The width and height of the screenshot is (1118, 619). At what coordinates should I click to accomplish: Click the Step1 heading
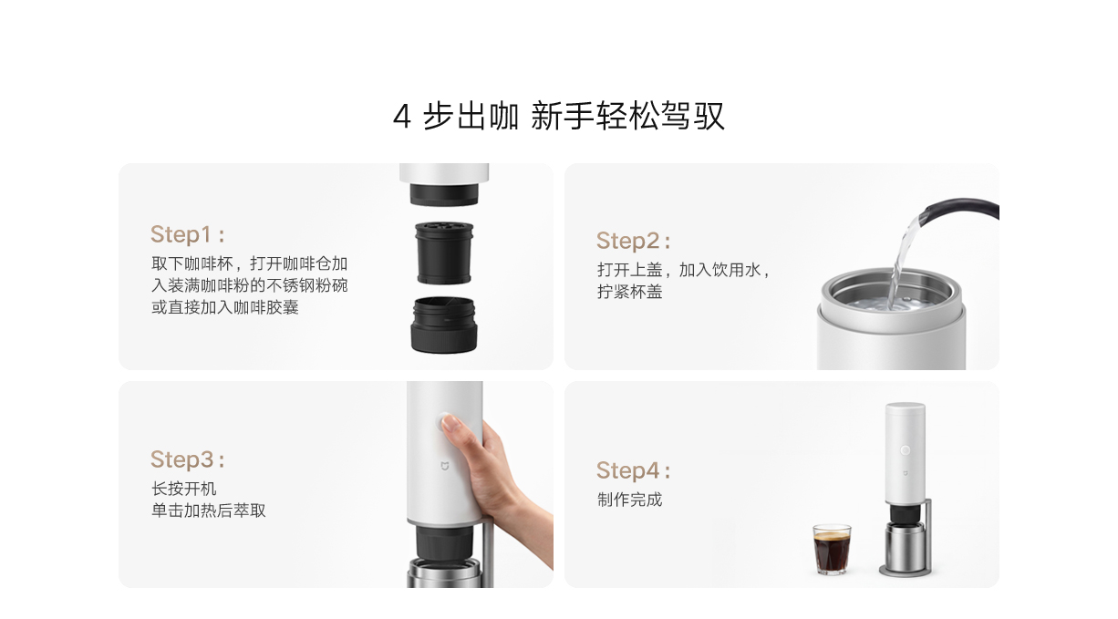click(x=187, y=234)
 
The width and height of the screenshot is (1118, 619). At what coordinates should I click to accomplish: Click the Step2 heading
click(x=634, y=241)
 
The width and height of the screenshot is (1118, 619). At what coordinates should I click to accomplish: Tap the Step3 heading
click(x=187, y=459)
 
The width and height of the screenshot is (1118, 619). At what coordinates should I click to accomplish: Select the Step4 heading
click(x=634, y=470)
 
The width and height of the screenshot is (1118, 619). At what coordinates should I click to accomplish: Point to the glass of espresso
click(x=832, y=549)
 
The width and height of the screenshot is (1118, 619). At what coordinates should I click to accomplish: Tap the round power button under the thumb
click(x=443, y=422)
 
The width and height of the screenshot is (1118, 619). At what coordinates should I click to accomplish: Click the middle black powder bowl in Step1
click(x=444, y=253)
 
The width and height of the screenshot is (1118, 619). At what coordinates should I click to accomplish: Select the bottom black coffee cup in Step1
click(x=444, y=325)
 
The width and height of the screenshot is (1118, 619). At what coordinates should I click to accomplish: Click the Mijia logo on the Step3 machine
click(x=444, y=467)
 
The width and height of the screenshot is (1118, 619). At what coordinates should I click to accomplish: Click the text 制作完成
click(x=629, y=500)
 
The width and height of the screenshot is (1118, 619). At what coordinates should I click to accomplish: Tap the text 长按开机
click(x=183, y=489)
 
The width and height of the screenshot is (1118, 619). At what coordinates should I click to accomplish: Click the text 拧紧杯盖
click(x=629, y=292)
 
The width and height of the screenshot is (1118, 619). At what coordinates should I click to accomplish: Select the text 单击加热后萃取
click(x=208, y=511)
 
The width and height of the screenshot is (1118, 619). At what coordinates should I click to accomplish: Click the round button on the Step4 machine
click(x=905, y=450)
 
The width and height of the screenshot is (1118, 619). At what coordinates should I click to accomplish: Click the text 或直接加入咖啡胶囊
click(x=224, y=307)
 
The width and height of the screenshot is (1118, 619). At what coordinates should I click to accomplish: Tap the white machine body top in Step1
click(x=444, y=173)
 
